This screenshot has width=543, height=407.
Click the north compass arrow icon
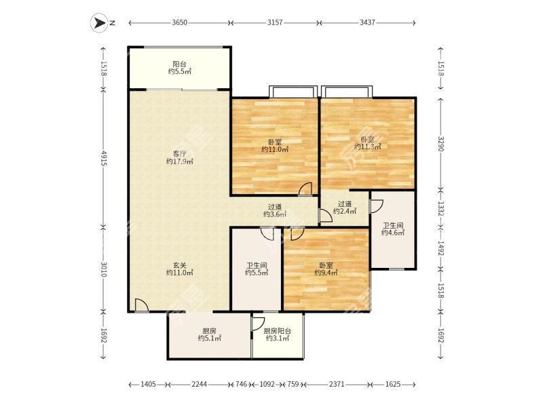pyautogui.click(x=98, y=23)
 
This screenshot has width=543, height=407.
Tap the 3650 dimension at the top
pyautogui.click(x=179, y=23)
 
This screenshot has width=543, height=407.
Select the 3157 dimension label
pyautogui.click(x=275, y=23)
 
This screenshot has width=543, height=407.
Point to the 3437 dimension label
pyautogui.click(x=367, y=23)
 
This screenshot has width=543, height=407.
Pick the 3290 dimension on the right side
pyautogui.click(x=441, y=143)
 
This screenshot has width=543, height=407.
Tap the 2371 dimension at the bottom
pyautogui.click(x=336, y=384)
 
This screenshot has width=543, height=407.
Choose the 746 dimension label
pyautogui.click(x=241, y=384)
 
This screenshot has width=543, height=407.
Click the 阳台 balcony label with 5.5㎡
pyautogui.click(x=179, y=68)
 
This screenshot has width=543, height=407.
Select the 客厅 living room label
pyautogui.click(x=179, y=157)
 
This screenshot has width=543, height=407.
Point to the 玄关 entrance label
pyautogui.click(x=179, y=269)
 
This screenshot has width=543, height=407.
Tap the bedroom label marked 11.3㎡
pyautogui.click(x=367, y=143)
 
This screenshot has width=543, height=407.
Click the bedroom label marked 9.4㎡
pyautogui.click(x=326, y=269)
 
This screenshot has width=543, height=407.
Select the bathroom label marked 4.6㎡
pyautogui.click(x=393, y=229)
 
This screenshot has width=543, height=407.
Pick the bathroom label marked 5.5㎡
pyautogui.click(x=257, y=269)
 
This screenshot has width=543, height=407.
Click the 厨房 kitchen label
pyautogui.click(x=210, y=334)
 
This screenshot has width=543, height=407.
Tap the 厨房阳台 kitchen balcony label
pyautogui.click(x=278, y=334)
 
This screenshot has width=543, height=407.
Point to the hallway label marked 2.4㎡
pyautogui.click(x=345, y=208)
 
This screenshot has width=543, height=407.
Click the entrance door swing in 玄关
pyautogui.click(x=141, y=305)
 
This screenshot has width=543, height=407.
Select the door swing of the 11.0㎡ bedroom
pyautogui.click(x=305, y=189)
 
